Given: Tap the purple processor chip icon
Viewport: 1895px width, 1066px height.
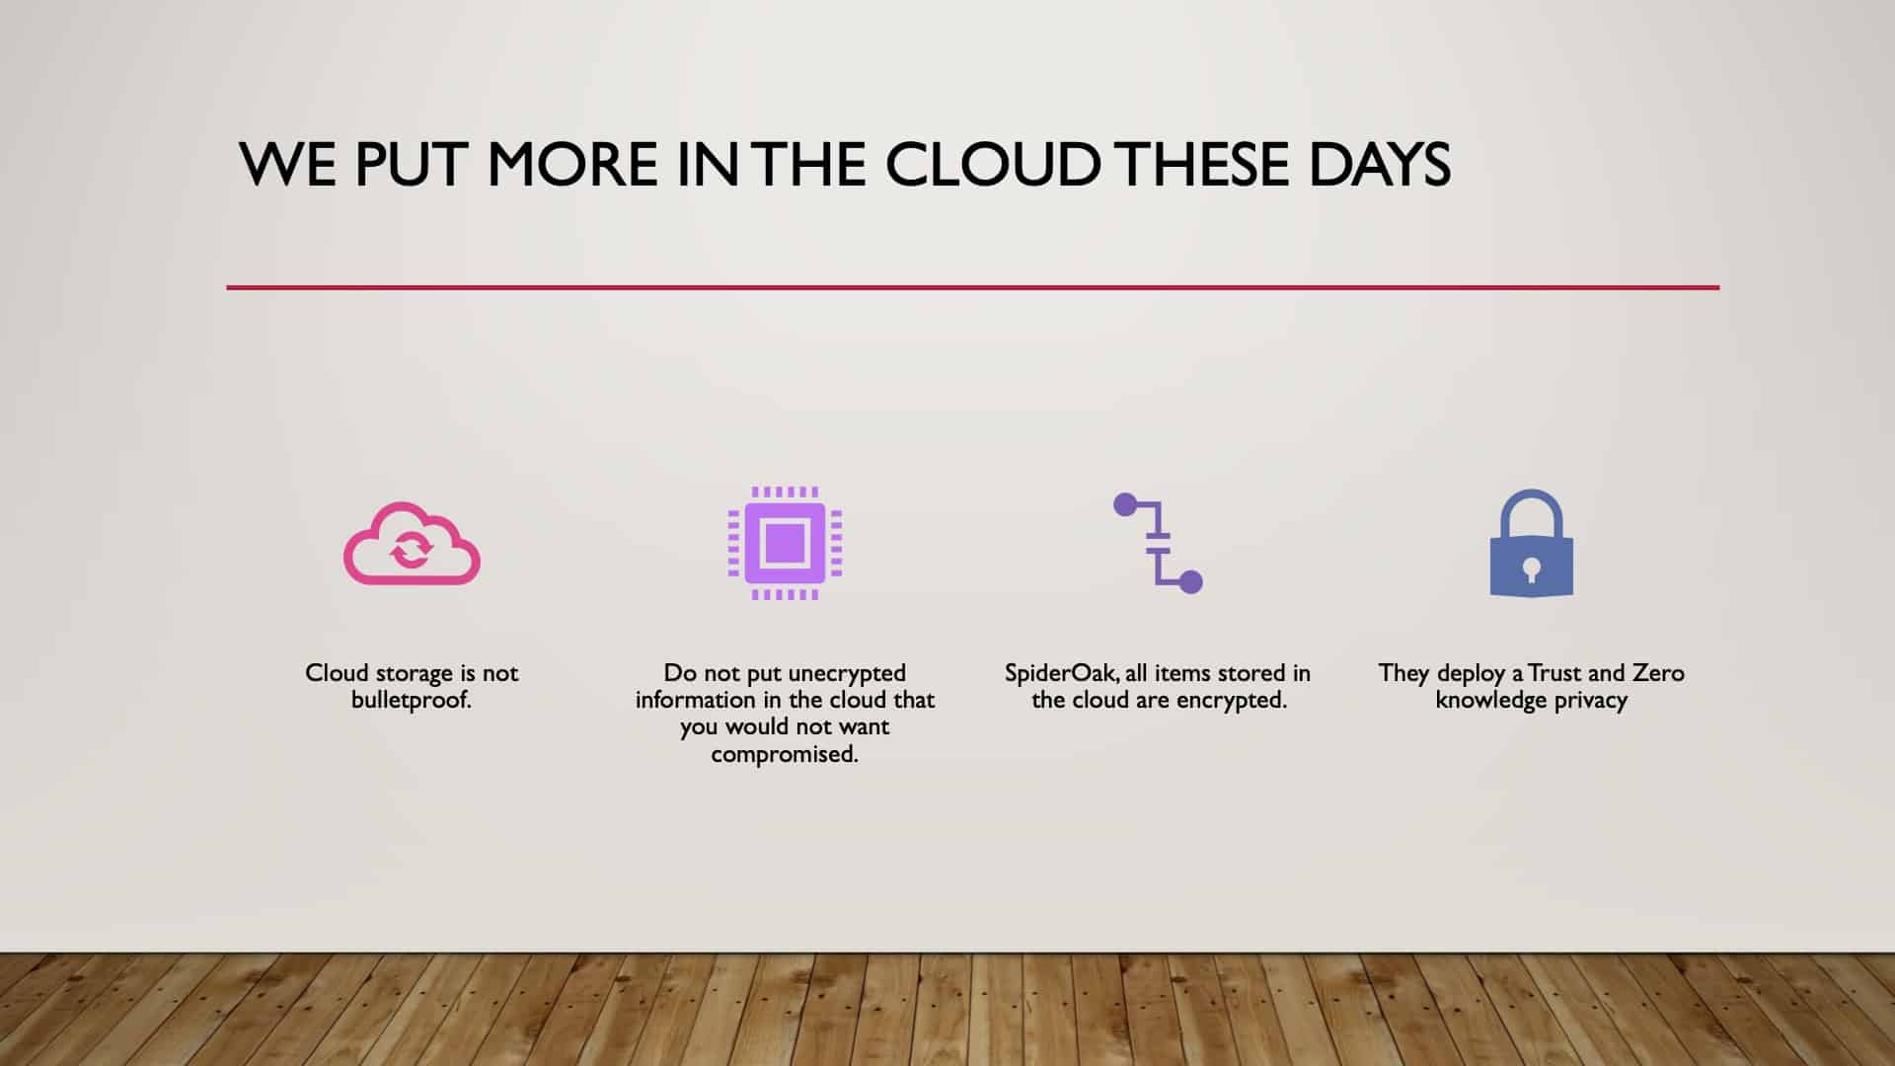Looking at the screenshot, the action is (x=785, y=543).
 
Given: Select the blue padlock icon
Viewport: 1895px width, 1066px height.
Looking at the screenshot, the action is (x=1531, y=544).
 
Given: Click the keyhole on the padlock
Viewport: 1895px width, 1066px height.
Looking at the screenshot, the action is (x=1531, y=571).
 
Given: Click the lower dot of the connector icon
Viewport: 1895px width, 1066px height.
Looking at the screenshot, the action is (x=1190, y=581).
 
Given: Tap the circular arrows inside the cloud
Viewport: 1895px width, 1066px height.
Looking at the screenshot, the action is (x=411, y=549).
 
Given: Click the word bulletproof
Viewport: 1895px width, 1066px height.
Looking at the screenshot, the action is (x=412, y=701).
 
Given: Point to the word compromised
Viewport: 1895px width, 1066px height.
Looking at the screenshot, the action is (x=785, y=755).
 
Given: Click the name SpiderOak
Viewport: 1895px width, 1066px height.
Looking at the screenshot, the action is (x=1062, y=674).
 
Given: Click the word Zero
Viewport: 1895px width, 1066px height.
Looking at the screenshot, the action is (x=1658, y=673).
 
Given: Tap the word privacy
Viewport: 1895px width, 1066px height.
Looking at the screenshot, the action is (x=1590, y=701).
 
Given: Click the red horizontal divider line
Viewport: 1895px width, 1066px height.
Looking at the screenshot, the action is (x=973, y=287).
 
